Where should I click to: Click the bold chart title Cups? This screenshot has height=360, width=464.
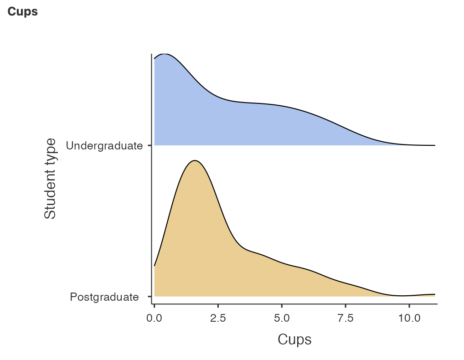(x=22, y=12)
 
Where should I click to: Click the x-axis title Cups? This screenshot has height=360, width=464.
(x=294, y=339)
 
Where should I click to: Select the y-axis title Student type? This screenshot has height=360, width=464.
(x=50, y=179)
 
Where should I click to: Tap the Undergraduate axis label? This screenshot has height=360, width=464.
(x=104, y=146)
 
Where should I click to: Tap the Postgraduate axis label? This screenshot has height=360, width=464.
(x=104, y=297)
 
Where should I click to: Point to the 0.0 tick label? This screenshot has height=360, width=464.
(x=155, y=318)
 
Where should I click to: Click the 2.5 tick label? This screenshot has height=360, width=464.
(x=218, y=318)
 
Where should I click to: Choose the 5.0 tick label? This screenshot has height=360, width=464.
(x=282, y=318)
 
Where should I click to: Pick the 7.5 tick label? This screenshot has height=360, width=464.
(x=345, y=318)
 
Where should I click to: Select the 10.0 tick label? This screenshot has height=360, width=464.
(x=409, y=318)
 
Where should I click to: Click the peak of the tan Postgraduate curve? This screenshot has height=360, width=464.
(x=195, y=161)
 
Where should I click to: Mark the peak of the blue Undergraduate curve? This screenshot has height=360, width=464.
(x=165, y=54)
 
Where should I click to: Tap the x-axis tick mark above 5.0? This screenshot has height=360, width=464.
(x=282, y=306)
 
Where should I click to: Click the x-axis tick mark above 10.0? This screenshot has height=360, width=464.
(x=409, y=306)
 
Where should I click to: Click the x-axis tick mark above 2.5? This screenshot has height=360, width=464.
(x=218, y=306)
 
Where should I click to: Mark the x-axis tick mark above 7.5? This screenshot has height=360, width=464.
(x=345, y=306)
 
